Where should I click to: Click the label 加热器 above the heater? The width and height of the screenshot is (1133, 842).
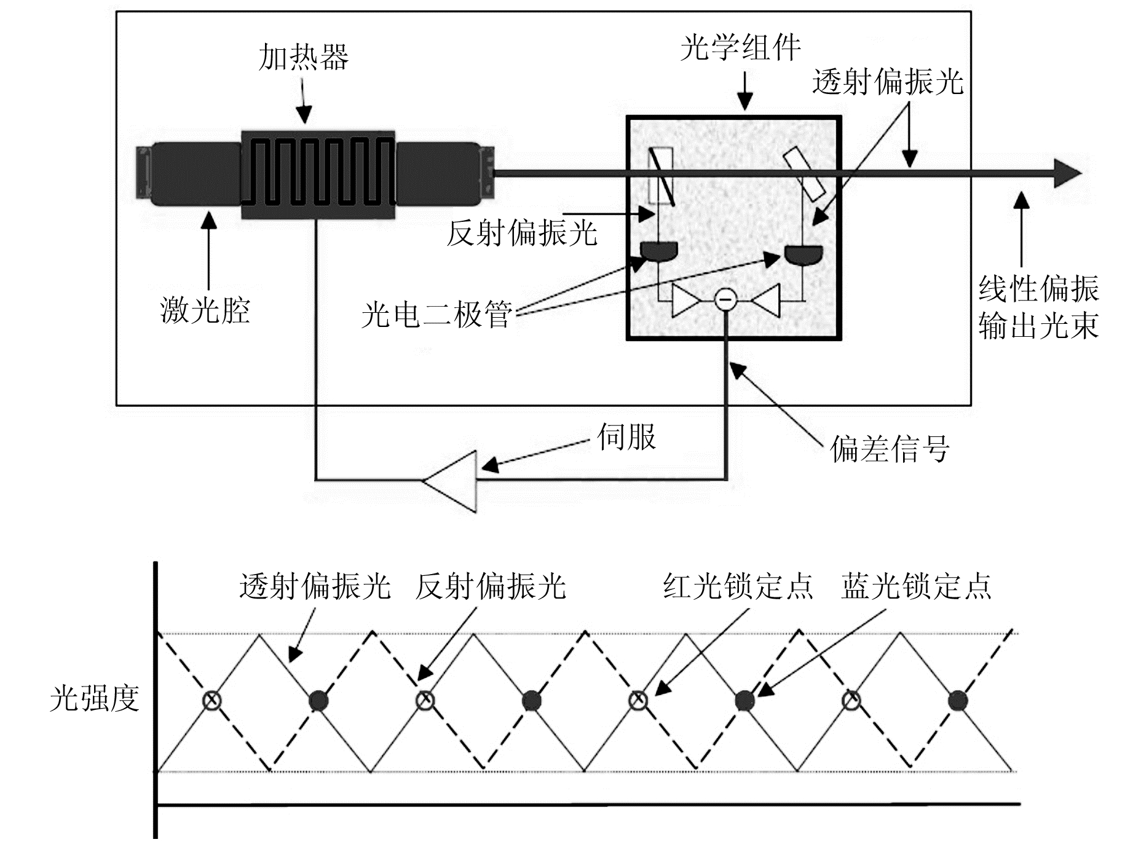coord(303,58)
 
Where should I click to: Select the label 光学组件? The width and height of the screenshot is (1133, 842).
coord(740,47)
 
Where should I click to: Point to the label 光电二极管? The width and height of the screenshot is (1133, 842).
coord(436,315)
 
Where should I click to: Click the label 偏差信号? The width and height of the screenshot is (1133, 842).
coord(889,449)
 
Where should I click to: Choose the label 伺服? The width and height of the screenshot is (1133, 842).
coord(626,437)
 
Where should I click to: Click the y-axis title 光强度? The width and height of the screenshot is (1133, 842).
coord(94,699)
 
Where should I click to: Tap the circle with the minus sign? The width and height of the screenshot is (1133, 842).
coord(725,299)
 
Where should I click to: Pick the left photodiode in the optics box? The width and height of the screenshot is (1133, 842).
coord(659,251)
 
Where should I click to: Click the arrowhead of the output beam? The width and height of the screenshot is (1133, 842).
coord(1067,173)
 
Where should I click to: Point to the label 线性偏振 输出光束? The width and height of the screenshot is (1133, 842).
coord(1038,307)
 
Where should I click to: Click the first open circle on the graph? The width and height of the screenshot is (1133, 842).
coord(212,700)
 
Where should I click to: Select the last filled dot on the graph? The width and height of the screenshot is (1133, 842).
coord(958,700)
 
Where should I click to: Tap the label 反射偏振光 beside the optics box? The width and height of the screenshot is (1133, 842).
coord(521,233)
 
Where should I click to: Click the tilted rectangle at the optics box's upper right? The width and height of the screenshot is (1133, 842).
coord(805,173)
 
